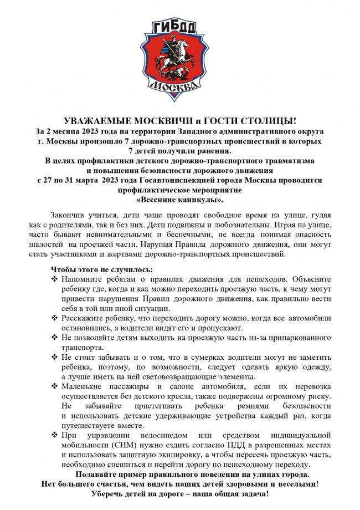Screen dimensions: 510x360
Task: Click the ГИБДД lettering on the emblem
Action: (179, 29)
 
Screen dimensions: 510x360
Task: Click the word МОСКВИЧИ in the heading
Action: (146, 121)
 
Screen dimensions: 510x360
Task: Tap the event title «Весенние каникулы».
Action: (179, 200)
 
